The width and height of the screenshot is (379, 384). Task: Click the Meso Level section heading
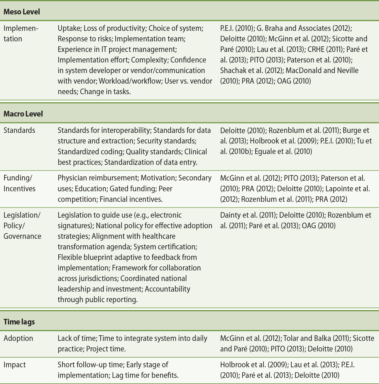pos(22,12)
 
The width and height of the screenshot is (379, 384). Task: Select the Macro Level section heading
pos(23,114)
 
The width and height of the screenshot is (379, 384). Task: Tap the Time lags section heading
pos(19,322)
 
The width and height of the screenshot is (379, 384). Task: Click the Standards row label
pos(19,130)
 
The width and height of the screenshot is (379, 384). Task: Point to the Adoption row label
pos(18,338)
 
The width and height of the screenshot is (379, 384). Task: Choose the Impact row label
pos(15,365)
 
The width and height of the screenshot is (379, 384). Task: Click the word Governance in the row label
pos(22,236)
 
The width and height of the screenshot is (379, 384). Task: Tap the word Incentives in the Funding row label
pos(19,189)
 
